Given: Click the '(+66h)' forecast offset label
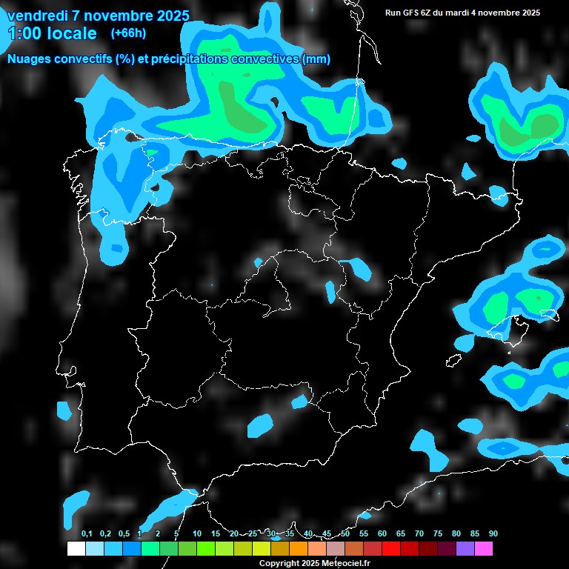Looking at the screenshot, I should click(128, 33).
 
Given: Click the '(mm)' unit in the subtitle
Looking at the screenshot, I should click(316, 59).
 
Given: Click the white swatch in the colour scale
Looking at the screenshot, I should click(76, 548).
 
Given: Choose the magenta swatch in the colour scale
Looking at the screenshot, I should click(484, 548).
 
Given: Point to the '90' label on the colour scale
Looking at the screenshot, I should click(493, 533).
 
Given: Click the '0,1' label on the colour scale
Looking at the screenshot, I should click(87, 533).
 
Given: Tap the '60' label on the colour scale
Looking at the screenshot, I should click(382, 533).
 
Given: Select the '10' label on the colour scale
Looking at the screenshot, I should click(197, 533).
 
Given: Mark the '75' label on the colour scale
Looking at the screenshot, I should click(438, 533).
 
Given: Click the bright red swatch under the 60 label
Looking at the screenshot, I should click(391, 548).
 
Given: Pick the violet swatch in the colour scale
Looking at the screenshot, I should click(465, 548).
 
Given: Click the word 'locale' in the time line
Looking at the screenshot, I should click(71, 33).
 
